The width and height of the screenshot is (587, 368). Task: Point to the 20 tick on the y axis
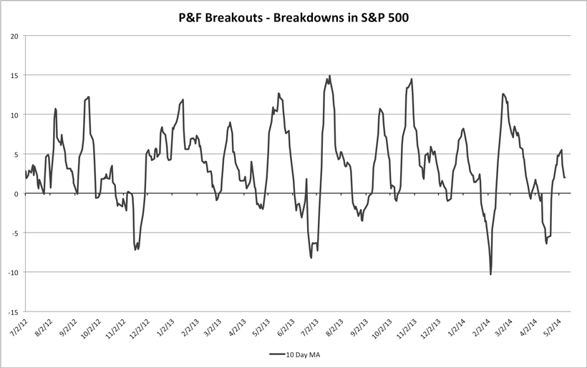14,36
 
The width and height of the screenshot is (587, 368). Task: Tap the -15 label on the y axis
13,311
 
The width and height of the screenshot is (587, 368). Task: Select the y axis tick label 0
16,193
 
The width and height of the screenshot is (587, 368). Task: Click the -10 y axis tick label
13,272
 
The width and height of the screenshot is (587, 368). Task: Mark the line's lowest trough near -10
490,274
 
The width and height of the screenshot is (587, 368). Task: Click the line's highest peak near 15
329,76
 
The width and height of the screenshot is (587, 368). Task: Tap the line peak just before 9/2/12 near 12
88,97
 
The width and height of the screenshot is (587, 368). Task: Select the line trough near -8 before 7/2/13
311,257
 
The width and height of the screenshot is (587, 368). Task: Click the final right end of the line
565,178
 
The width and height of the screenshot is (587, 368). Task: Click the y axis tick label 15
14,75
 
